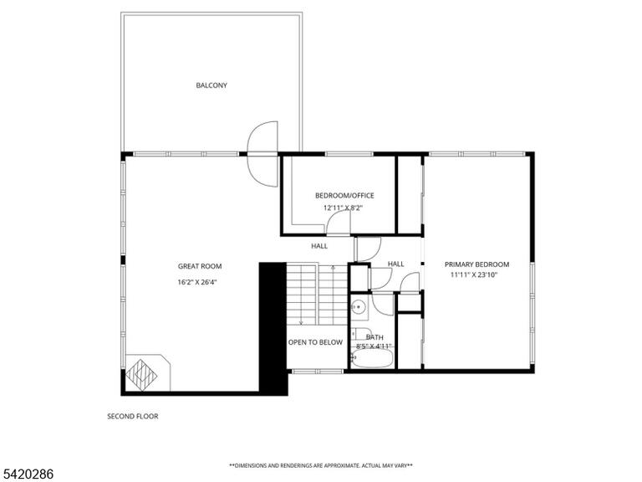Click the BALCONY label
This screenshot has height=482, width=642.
(211, 85)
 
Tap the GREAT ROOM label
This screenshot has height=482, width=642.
(200, 266)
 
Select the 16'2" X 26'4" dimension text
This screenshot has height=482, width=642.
(197, 282)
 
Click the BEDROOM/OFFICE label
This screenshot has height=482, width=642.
(344, 196)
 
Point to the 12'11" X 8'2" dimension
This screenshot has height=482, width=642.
(343, 208)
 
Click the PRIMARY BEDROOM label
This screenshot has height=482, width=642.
(477, 264)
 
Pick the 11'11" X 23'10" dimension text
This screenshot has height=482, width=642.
(474, 275)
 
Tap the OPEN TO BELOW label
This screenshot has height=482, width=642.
(315, 342)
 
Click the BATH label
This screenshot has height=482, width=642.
(374, 337)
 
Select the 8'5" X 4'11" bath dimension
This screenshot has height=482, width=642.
(374, 346)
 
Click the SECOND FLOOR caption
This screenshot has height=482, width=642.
(133, 417)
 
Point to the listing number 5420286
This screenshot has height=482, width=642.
(27, 474)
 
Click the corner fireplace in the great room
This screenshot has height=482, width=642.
(147, 372)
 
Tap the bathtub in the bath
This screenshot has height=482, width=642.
(372, 361)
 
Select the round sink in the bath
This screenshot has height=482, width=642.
(359, 306)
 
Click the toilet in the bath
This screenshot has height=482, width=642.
(361, 334)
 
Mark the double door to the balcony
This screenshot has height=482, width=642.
(262, 155)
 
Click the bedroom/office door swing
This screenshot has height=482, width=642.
(339, 223)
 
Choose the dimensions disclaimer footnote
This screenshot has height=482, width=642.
(321, 465)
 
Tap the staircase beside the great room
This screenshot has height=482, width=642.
(317, 294)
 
